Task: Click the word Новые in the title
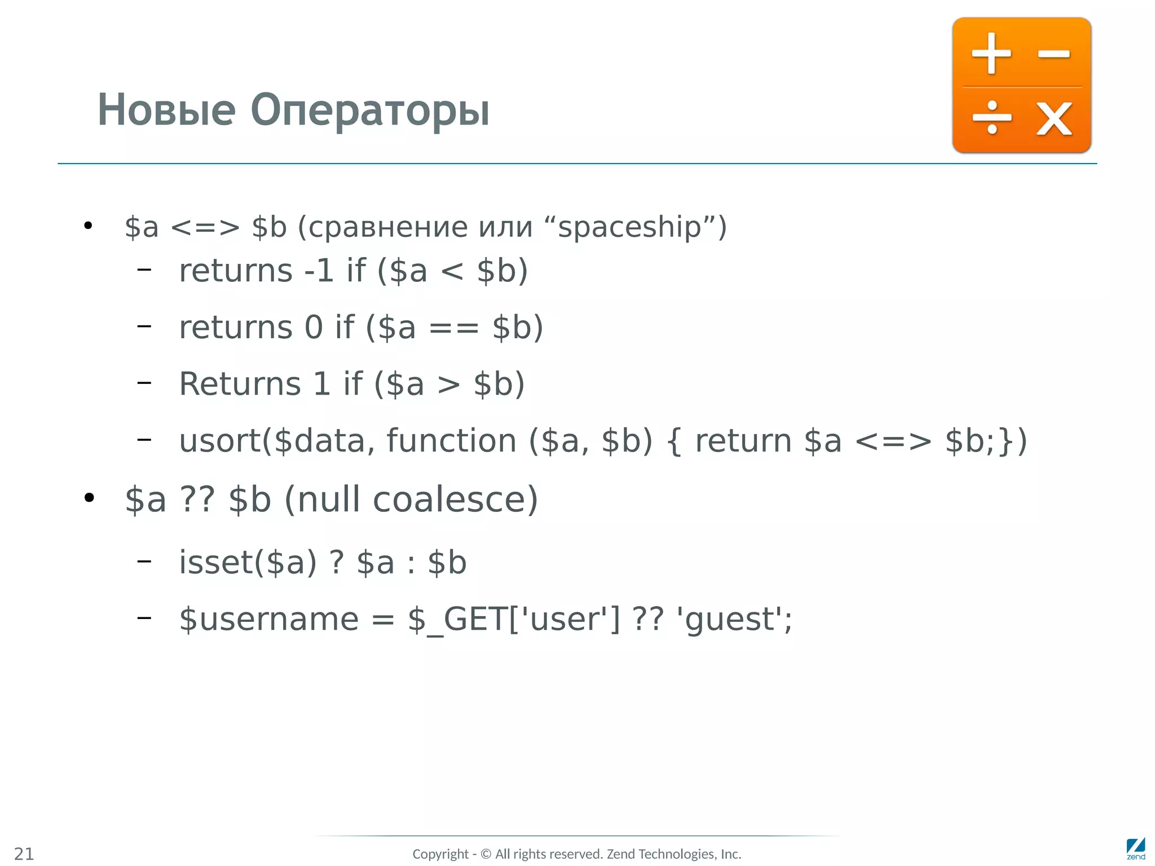[166, 110]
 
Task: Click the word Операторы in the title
[370, 111]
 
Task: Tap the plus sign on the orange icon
[991, 54]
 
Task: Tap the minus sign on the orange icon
[1053, 54]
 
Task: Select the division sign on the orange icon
[992, 118]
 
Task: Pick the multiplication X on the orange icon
[1053, 119]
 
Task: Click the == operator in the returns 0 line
[454, 328]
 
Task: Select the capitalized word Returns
[240, 384]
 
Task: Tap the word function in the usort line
[451, 441]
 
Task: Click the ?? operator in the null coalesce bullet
[197, 500]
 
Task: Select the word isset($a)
[248, 563]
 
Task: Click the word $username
[268, 619]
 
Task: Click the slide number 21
[24, 854]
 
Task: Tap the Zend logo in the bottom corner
[1135, 849]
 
